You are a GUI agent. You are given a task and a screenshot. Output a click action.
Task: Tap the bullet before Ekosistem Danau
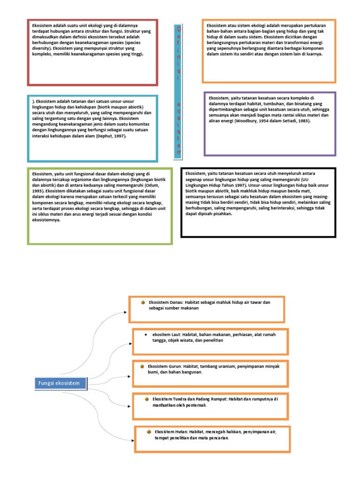(x=143, y=303)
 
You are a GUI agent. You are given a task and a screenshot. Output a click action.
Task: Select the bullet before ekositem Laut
(x=146, y=335)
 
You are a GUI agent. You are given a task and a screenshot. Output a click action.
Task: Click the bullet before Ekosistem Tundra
(x=147, y=399)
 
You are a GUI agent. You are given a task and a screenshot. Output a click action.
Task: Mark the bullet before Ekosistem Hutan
(x=149, y=431)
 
